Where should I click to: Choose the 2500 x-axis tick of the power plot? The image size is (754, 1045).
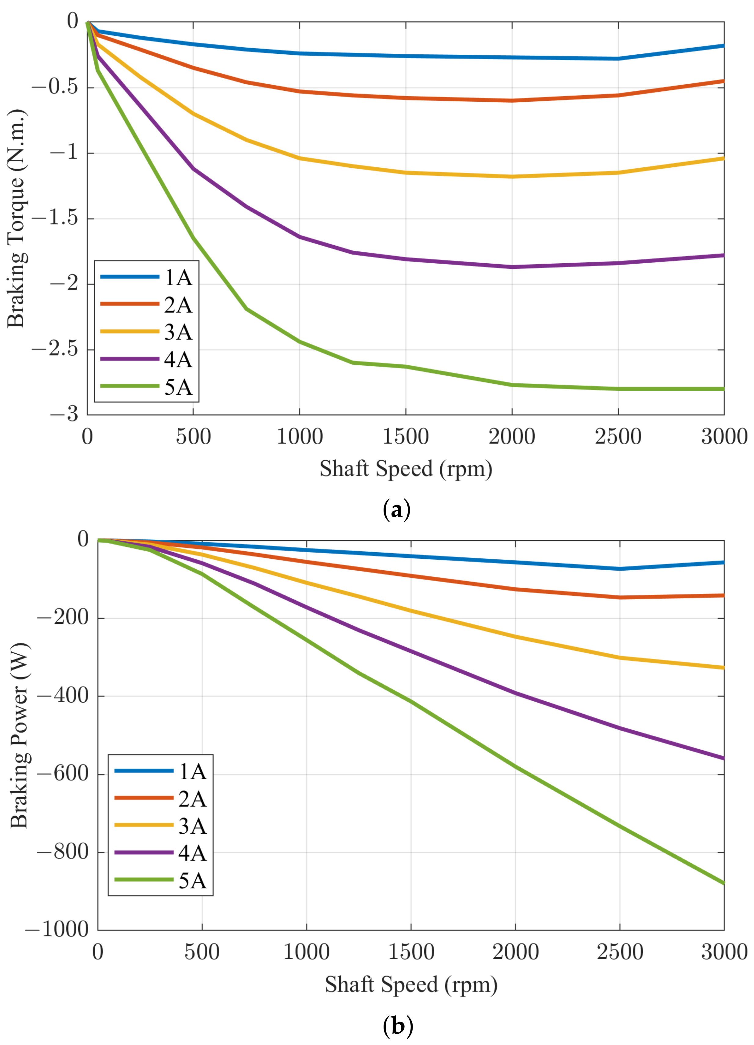[x=620, y=952]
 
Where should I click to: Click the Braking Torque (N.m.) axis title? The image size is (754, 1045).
[x=16, y=218]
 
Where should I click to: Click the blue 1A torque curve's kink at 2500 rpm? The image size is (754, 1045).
[x=618, y=59]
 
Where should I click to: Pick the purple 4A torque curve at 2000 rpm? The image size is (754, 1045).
[x=512, y=267]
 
